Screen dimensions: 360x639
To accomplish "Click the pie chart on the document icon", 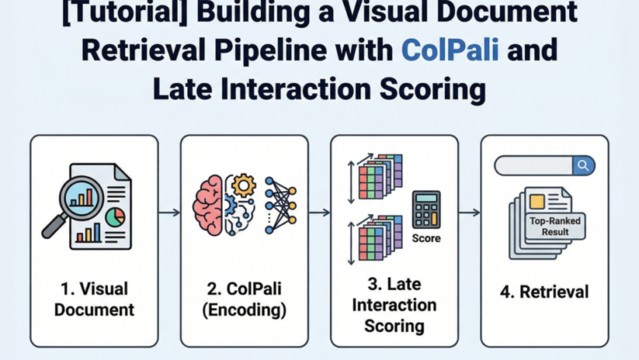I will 115,217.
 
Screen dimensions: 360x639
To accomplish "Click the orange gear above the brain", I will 244,186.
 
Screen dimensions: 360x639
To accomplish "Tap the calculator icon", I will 426,209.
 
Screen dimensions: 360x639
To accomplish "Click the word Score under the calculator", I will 426,238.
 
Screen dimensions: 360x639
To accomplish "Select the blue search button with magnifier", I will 584,165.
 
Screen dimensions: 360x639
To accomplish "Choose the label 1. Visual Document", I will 95,299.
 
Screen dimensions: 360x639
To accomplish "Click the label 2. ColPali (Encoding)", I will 244,299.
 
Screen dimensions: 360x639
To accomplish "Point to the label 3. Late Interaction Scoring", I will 394,305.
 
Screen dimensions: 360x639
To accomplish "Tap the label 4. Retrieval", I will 545,292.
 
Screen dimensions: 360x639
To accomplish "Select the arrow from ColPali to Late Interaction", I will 319,212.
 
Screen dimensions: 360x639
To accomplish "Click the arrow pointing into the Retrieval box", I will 469,212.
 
